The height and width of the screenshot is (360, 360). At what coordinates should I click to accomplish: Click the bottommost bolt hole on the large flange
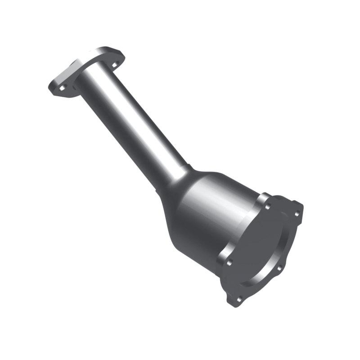239,298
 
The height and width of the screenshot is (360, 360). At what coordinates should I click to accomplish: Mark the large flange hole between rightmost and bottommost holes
279,269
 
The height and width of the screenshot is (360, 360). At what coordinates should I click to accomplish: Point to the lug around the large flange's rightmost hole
298,211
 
